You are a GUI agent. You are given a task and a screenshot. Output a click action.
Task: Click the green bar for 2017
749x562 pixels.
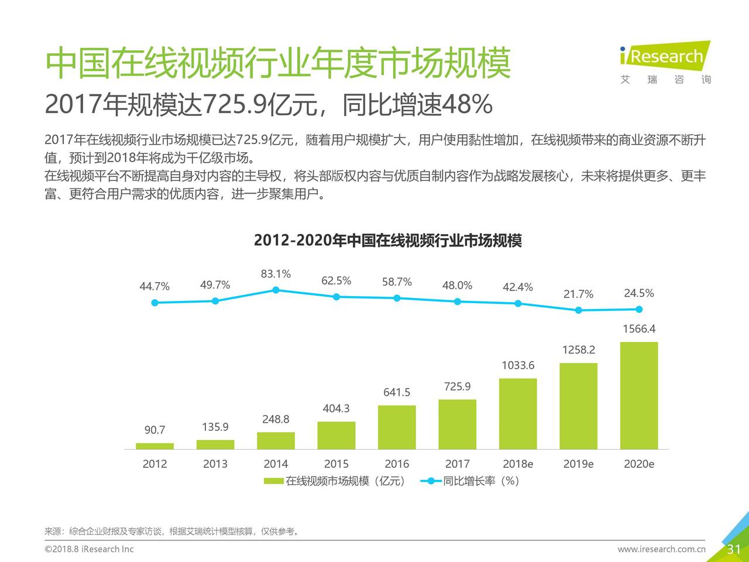click(x=457, y=424)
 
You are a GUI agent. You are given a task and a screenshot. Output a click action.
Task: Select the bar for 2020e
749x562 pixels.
click(x=638, y=395)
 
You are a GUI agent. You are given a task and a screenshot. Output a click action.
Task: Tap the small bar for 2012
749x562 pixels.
click(x=154, y=446)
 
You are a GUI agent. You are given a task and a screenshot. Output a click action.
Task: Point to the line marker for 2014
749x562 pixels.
click(x=276, y=290)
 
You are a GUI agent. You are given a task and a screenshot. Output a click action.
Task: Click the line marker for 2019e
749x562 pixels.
click(x=578, y=310)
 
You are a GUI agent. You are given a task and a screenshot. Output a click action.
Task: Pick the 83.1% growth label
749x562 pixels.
click(x=276, y=274)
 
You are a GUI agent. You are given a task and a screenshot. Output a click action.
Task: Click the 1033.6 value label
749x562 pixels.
click(x=518, y=365)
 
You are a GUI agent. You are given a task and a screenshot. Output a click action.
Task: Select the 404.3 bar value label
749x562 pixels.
click(x=336, y=408)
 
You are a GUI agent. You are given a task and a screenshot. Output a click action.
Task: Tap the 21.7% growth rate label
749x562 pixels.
click(x=578, y=294)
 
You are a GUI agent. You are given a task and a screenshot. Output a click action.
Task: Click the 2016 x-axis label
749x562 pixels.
click(x=397, y=464)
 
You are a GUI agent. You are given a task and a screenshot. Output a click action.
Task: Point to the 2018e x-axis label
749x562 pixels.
click(x=518, y=464)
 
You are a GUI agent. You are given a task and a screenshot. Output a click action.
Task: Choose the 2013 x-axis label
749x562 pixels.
click(x=215, y=464)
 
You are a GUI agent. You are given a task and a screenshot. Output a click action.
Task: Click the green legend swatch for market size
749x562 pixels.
click(x=274, y=481)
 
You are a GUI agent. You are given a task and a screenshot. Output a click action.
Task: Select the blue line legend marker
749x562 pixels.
click(x=431, y=481)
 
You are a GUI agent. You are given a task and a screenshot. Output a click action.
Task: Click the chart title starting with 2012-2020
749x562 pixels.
click(x=387, y=241)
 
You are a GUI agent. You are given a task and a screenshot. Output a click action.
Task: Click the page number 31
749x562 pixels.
click(x=734, y=549)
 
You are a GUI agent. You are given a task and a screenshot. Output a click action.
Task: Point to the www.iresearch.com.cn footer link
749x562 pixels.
click(x=661, y=549)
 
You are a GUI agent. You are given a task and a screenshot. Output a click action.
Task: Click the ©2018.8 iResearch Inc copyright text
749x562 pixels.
click(x=89, y=549)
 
